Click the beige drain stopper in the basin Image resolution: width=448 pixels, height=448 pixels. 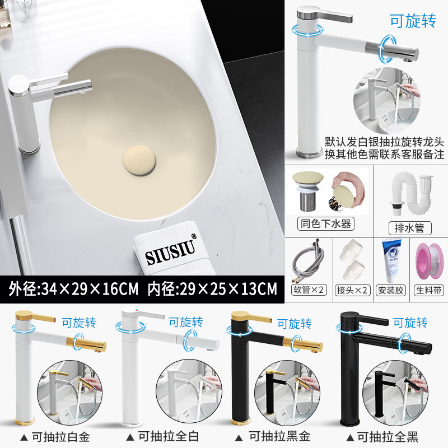point(139,158)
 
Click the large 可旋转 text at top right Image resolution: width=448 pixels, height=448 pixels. point(412,21)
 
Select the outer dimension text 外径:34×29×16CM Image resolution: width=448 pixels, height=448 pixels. point(73,290)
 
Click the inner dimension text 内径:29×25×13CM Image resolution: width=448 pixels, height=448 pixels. point(212,290)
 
